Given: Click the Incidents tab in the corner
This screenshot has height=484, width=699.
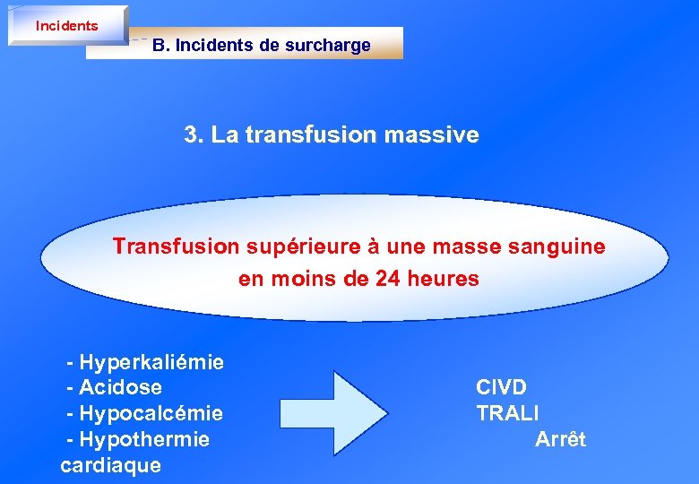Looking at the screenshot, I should coord(67,26).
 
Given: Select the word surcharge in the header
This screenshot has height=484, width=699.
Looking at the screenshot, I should coord(327,45).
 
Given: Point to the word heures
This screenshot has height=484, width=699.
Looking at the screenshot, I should coord(443,279).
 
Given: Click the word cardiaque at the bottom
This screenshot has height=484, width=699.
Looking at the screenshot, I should coord(110,465).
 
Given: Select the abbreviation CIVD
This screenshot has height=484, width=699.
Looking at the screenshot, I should coord(501,388).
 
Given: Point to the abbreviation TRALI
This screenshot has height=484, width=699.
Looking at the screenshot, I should coord(507,414).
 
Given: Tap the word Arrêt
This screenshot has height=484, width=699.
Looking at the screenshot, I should coord(560,440).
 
